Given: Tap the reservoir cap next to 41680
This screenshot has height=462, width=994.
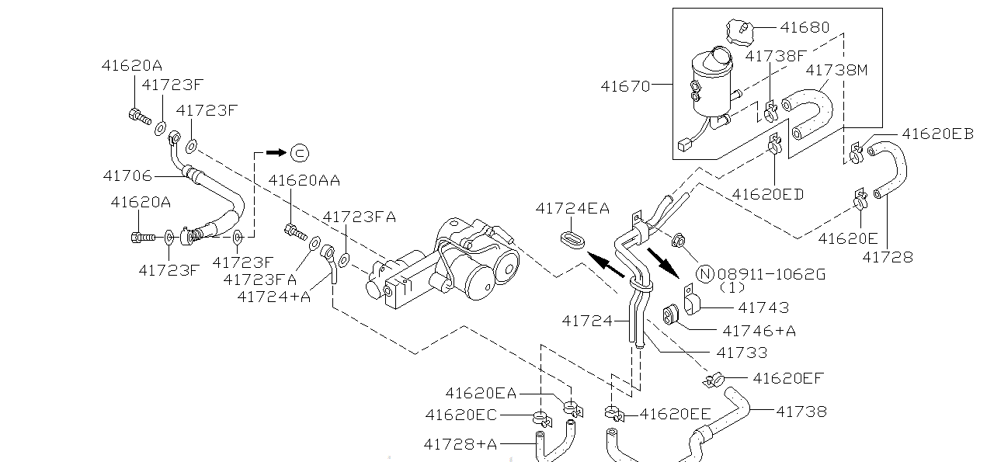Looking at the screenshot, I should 741,32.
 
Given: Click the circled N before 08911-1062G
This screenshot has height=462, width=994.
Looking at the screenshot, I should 705,273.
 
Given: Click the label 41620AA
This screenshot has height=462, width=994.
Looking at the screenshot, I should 304,181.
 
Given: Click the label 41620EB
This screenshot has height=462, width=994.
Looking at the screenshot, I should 937,133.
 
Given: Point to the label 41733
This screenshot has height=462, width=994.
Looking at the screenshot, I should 741,353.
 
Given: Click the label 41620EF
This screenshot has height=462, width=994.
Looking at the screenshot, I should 787,378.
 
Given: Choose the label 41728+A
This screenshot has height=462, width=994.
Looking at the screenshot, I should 461,444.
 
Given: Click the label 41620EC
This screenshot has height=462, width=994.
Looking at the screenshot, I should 461,415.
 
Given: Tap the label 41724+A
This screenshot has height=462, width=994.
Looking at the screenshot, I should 273,296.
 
